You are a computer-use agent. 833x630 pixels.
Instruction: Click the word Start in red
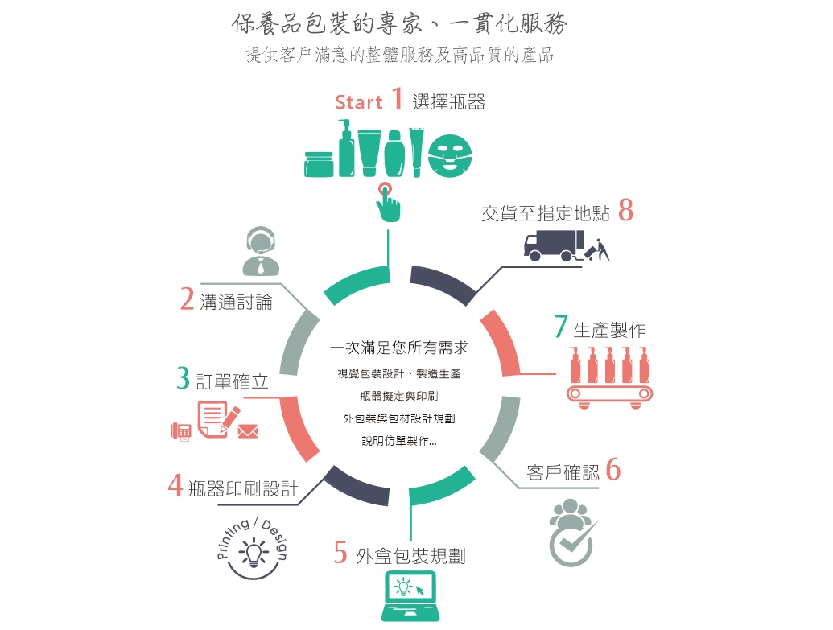pyautogui.click(x=359, y=102)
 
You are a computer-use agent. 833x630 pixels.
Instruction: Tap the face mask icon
pyautogui.click(x=450, y=155)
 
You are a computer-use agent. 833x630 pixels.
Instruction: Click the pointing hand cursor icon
pyautogui.click(x=388, y=203)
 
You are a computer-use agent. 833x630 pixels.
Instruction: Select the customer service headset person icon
pyautogui.click(x=261, y=251)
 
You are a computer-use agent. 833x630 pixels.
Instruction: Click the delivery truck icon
pyautogui.click(x=554, y=245)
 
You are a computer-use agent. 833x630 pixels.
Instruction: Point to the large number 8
pyautogui.click(x=626, y=210)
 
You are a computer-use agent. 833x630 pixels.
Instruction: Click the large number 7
pyautogui.click(x=561, y=326)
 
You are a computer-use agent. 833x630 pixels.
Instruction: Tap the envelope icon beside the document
pyautogui.click(x=248, y=430)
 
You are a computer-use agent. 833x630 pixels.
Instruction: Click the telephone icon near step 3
pyautogui.click(x=181, y=431)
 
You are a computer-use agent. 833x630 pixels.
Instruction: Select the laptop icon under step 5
pyautogui.click(x=410, y=595)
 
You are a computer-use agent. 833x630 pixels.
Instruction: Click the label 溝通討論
pyautogui.click(x=236, y=303)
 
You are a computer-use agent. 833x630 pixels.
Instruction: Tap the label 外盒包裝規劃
pyautogui.click(x=410, y=556)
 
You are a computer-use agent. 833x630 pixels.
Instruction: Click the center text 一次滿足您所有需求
pyautogui.click(x=398, y=348)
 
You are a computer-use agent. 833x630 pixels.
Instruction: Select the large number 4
pyautogui.click(x=175, y=485)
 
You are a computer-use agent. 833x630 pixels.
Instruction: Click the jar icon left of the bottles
pyautogui.click(x=319, y=164)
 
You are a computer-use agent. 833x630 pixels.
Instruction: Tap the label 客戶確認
pyautogui.click(x=563, y=472)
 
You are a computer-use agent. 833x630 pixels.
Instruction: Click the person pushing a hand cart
pyautogui.click(x=598, y=250)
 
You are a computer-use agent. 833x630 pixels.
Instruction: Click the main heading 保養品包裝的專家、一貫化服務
pyautogui.click(x=399, y=23)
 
